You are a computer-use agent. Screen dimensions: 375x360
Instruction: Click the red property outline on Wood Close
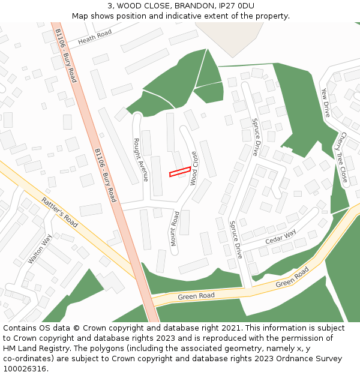[180, 172]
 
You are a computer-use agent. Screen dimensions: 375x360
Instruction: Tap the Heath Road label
[95, 38]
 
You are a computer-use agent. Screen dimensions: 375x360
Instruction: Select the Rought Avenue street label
[140, 160]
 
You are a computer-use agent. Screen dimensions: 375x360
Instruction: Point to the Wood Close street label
[194, 168]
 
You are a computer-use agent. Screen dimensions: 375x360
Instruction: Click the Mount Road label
[175, 228]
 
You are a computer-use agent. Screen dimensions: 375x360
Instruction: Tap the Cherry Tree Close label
[343, 157]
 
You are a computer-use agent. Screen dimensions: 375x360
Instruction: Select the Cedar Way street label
[281, 238]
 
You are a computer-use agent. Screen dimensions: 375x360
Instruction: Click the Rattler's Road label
[59, 212]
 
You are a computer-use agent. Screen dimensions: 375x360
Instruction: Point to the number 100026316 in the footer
[25, 369]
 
